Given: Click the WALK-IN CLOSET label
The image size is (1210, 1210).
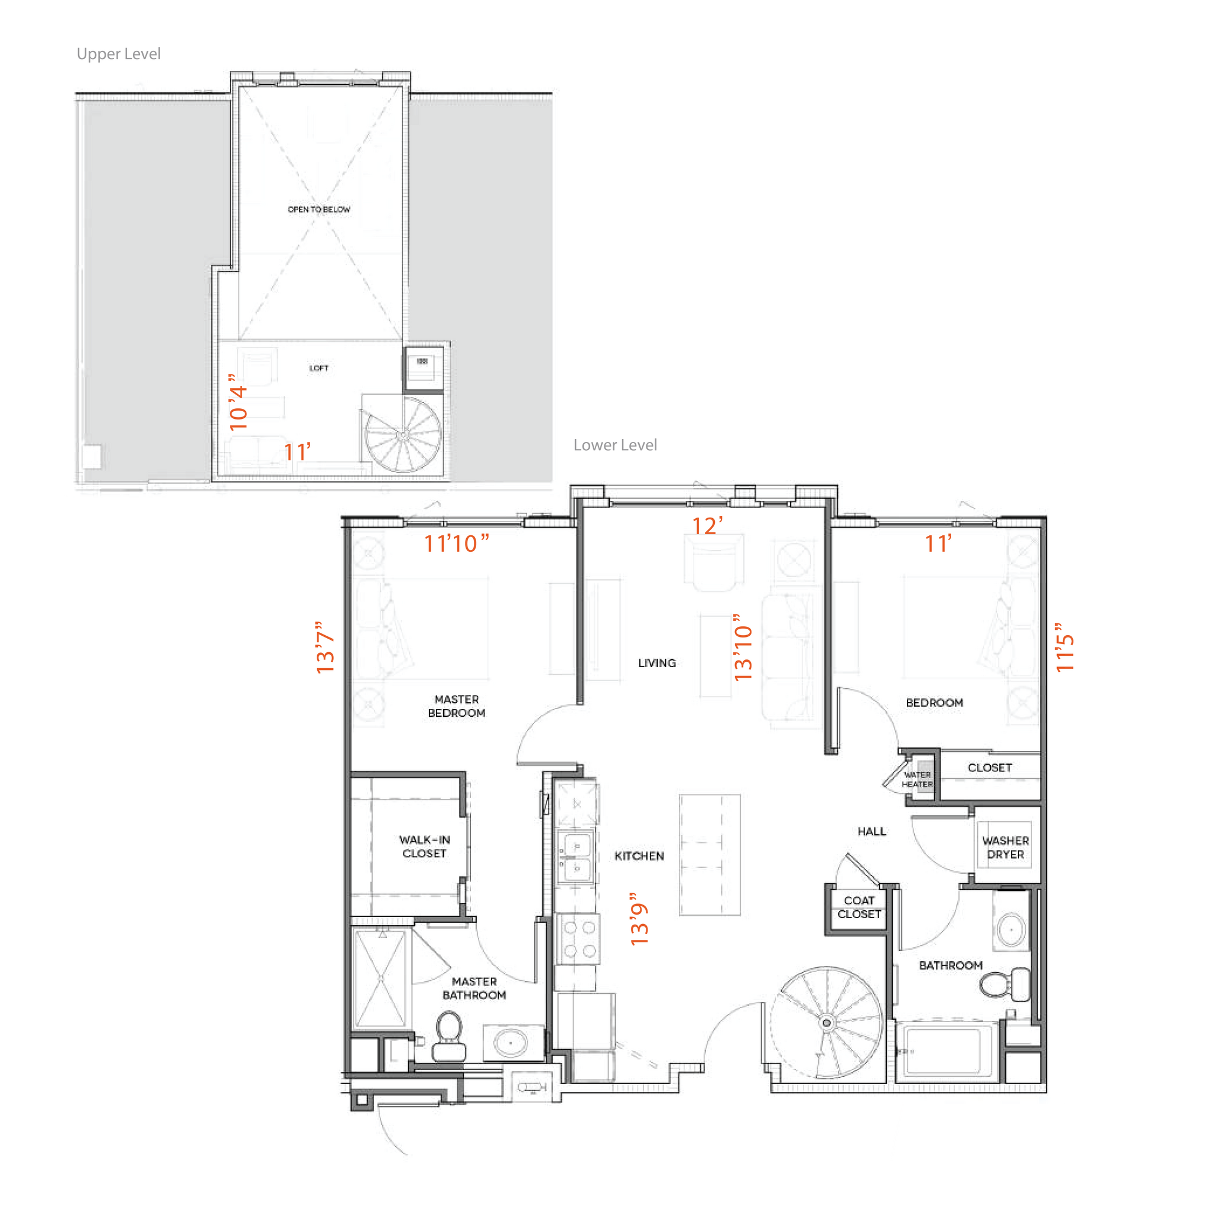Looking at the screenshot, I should [424, 846].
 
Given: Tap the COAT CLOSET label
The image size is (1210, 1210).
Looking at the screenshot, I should [858, 907].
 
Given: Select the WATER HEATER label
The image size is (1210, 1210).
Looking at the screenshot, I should [917, 779].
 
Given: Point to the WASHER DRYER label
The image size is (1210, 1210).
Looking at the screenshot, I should [1005, 847].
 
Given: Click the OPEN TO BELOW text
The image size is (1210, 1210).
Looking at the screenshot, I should [319, 209].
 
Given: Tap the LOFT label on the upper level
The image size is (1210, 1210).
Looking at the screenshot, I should [319, 368].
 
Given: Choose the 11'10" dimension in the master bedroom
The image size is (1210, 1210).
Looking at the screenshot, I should [456, 544].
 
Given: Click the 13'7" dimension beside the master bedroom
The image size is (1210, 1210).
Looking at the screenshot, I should [326, 647].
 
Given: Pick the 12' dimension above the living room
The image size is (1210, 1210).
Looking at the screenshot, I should [707, 526].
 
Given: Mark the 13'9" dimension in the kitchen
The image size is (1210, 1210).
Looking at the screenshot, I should [639, 918].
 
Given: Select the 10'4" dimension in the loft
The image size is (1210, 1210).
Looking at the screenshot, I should [239, 402].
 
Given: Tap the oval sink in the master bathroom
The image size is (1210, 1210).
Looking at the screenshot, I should [511, 1043].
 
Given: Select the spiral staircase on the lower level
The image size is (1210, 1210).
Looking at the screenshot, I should [826, 1023].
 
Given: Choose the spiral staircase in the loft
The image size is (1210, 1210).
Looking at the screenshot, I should [403, 434].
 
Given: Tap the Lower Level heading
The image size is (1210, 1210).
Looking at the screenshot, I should [615, 445].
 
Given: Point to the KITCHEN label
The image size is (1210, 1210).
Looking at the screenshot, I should [639, 856].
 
